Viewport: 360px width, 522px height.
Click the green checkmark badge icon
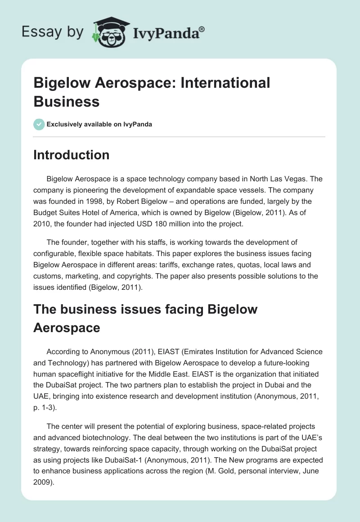[x=39, y=124]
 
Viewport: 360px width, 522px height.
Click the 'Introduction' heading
[x=72, y=155]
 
